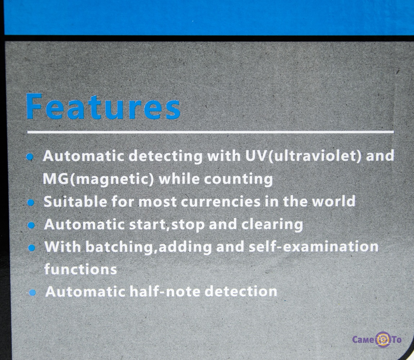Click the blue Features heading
[103, 107]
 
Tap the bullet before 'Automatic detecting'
[30, 157]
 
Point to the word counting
[239, 179]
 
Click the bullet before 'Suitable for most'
[31, 202]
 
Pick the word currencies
[221, 202]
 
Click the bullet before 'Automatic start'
[31, 225]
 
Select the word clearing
[272, 225]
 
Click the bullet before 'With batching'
[32, 248]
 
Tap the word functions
[80, 269]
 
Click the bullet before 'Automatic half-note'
[32, 292]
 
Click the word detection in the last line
[241, 292]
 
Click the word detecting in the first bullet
[165, 156]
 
